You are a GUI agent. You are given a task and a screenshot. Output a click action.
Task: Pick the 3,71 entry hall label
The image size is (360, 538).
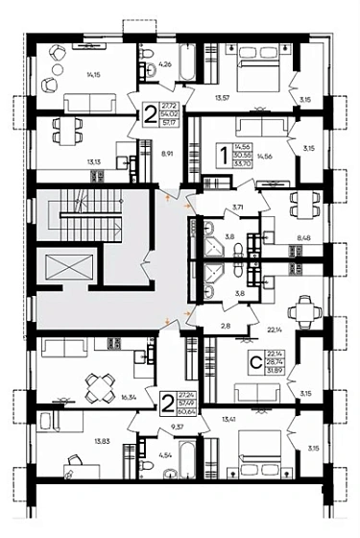[237, 207]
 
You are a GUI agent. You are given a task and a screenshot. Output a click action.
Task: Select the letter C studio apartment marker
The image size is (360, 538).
[253, 363]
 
